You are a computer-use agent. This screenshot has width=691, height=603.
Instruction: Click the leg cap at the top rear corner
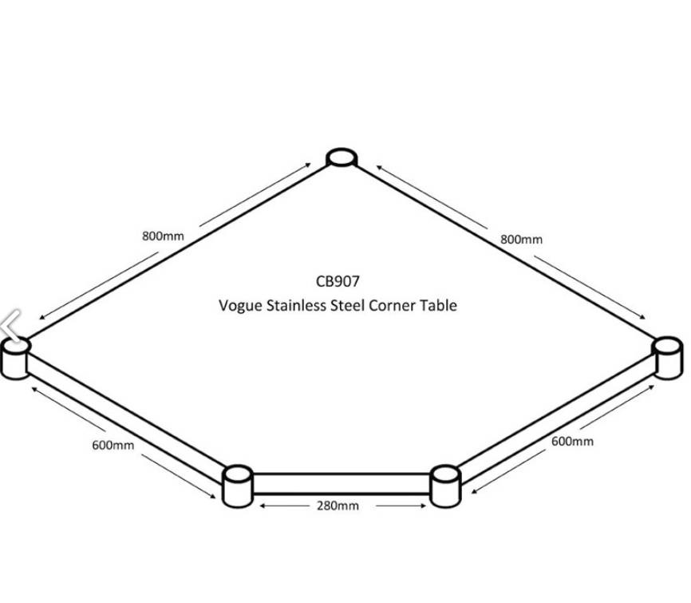341,157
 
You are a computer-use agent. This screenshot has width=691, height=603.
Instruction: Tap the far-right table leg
668,356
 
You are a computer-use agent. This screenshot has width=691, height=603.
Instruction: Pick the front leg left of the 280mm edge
236,485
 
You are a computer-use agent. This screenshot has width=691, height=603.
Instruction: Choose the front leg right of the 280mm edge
445,485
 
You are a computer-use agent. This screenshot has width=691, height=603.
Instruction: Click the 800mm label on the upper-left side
163,236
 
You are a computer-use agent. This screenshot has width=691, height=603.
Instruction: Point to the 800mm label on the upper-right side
521,239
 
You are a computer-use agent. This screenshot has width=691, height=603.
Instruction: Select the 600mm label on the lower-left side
113,445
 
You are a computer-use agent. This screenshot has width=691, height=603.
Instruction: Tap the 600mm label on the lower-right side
572,441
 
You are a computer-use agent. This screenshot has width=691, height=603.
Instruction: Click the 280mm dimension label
338,506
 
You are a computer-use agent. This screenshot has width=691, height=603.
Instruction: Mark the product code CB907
338,281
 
